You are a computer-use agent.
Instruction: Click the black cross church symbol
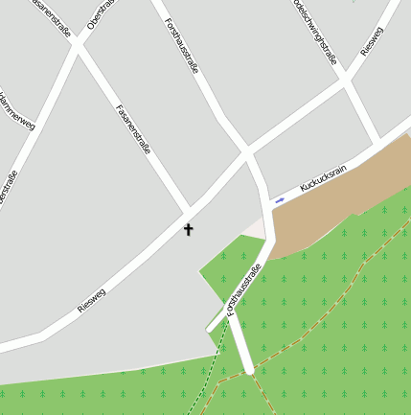(188, 229)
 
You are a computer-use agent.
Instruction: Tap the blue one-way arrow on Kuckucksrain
(280, 200)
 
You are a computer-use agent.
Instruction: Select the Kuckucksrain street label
(322, 177)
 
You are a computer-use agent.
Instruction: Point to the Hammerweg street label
(17, 110)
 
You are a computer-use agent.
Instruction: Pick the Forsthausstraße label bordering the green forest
(243, 289)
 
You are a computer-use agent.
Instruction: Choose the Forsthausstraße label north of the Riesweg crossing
(181, 45)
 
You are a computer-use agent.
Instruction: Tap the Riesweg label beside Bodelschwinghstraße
(372, 39)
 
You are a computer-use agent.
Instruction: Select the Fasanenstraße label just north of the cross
(133, 129)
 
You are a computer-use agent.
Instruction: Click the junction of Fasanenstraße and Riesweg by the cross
(189, 212)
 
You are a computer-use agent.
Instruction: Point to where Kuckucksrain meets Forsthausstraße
(265, 202)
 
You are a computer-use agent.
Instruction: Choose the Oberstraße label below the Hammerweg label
(10, 188)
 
